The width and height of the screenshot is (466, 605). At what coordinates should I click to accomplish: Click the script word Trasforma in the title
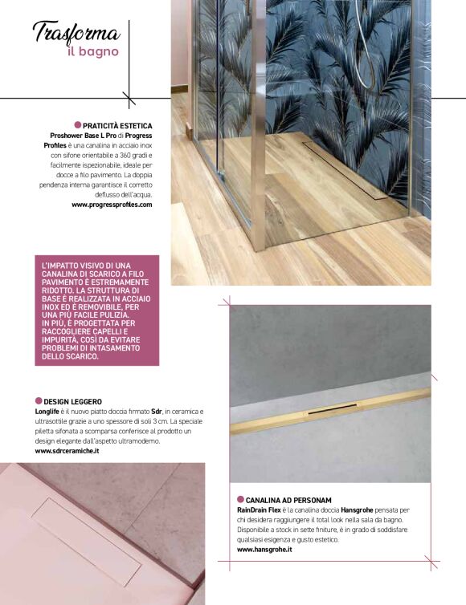pos(76,33)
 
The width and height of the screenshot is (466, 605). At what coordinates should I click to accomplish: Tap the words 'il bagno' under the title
pos(93,52)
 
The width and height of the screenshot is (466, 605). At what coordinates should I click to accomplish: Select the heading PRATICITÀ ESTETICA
pos(117,126)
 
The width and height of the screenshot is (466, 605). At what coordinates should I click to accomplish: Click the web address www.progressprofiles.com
pos(112,205)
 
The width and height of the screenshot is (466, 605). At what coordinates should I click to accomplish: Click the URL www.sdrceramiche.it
pos(67,452)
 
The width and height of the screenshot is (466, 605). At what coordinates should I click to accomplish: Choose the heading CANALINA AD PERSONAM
pos(289,500)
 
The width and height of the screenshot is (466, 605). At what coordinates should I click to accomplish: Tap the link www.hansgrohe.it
pos(264,550)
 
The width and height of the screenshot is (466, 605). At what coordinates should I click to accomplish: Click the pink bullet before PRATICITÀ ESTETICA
pos(77,125)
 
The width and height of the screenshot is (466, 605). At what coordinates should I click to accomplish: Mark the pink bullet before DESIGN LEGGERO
pos(39,400)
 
